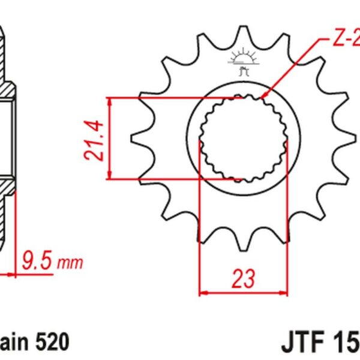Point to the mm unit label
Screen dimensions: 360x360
[x=71, y=263]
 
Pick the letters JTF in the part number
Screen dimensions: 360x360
[x=304, y=344]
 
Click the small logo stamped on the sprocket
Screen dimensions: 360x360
[x=242, y=64]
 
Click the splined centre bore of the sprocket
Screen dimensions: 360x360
[x=243, y=138]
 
